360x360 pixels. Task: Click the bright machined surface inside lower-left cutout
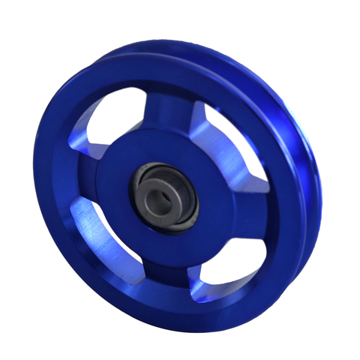click(94, 229)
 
